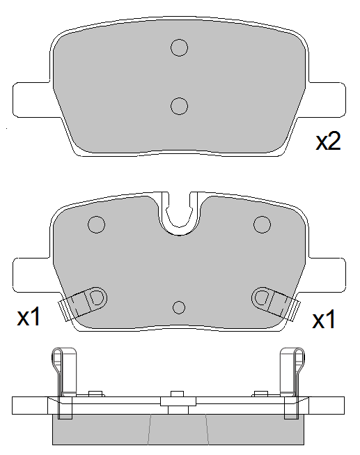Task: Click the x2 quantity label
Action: click(328, 141)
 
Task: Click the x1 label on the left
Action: click(29, 316)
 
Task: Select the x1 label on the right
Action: click(324, 319)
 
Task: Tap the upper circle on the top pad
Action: click(179, 47)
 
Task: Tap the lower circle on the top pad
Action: click(179, 106)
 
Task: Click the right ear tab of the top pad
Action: click(327, 100)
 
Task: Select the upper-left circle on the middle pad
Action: click(96, 224)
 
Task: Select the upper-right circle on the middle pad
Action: click(263, 224)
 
